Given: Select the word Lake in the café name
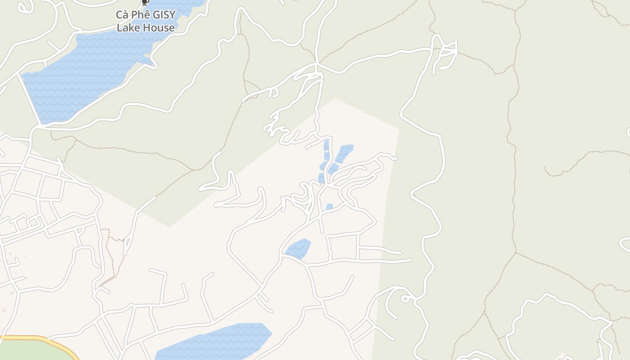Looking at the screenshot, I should tap(126, 28).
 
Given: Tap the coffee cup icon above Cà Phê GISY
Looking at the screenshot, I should tap(145, 2).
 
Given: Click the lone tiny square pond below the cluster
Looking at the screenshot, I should tap(329, 207).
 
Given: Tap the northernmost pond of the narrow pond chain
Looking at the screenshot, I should tap(326, 144).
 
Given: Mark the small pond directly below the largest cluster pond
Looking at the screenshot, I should tap(333, 169).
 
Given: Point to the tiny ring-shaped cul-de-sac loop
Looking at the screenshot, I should tap(405, 298).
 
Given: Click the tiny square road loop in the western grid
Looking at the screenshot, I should tap(32, 222).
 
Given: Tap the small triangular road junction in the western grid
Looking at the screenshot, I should tap(80, 231).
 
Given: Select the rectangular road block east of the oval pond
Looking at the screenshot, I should tap(344, 247).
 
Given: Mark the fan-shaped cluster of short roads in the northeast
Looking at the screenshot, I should tap(445, 54).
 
